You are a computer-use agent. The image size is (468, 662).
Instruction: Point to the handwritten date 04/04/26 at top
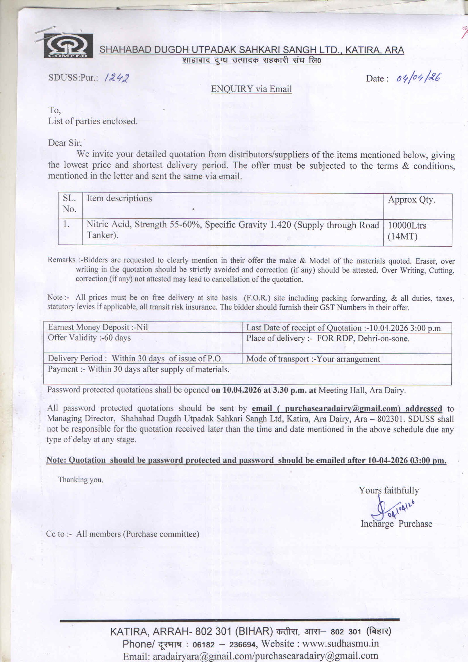point(418,78)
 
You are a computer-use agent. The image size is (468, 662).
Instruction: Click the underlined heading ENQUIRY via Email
point(252,89)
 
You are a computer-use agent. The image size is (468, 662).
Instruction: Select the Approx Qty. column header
point(411,200)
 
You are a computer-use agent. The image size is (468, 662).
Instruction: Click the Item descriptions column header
point(119,198)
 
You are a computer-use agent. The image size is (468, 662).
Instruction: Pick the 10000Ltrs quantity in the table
point(407,225)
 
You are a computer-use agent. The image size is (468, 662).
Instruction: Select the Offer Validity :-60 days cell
point(89,338)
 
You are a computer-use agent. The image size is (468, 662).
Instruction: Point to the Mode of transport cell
point(313,359)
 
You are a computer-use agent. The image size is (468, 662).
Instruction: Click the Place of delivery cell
point(328,339)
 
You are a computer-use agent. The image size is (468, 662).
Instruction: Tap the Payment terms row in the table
point(139,369)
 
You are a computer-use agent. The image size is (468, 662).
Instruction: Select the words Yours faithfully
point(389,490)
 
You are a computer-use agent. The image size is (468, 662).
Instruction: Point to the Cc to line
point(123,534)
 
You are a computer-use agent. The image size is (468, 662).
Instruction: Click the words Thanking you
point(81,480)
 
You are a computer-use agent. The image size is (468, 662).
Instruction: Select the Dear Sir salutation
point(65,143)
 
